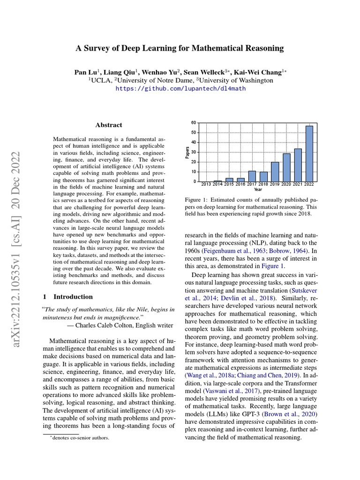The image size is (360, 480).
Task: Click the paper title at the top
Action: tap(180, 48)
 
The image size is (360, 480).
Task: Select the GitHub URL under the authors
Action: tap(180, 88)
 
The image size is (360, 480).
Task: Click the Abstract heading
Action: tap(109, 125)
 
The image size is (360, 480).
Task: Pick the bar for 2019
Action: tap(275, 172)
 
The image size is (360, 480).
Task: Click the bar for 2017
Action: tap(252, 176)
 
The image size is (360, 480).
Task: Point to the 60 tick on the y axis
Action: tap(194, 123)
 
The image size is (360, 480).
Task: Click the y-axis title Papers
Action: tap(187, 152)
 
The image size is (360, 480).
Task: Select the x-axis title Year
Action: tap(258, 190)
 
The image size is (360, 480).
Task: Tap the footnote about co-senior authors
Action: tap(80, 438)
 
